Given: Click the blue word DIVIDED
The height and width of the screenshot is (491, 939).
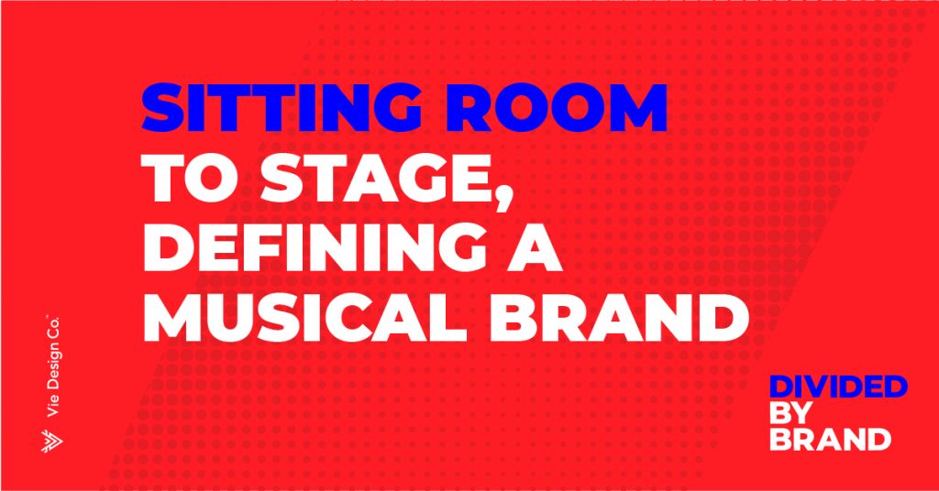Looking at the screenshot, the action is click(838, 387).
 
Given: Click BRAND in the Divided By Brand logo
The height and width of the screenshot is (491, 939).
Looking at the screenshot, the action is click(830, 439).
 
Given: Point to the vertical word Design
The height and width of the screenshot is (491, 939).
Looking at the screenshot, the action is click(54, 367).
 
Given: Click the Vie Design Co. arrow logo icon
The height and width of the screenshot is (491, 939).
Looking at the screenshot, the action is click(52, 442).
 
